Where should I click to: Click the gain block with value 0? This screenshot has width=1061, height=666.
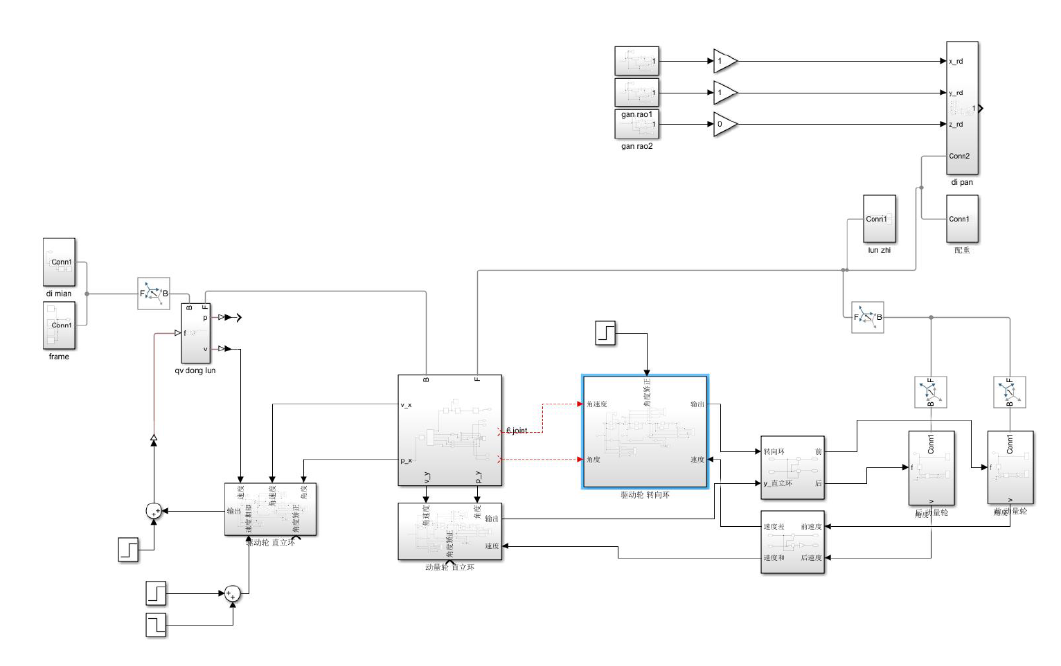[724, 125]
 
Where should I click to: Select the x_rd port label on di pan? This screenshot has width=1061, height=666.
[956, 62]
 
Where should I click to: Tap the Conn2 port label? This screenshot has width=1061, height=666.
[959, 156]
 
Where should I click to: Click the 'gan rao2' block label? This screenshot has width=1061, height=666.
[636, 147]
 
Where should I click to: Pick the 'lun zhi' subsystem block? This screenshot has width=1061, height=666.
[879, 219]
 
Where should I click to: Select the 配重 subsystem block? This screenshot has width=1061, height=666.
[962, 219]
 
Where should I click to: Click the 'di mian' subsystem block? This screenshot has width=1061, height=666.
[59, 262]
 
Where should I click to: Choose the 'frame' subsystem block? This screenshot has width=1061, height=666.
[59, 325]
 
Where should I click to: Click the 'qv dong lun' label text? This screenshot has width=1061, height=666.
[195, 371]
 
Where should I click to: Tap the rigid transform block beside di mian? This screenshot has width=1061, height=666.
[154, 294]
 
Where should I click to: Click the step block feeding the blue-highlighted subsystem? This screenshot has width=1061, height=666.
[605, 333]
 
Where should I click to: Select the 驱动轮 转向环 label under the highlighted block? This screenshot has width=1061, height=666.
[645, 496]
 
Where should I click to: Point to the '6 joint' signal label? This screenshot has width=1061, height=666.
[517, 431]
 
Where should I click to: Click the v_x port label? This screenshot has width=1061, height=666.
[406, 405]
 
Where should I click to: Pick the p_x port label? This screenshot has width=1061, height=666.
[406, 460]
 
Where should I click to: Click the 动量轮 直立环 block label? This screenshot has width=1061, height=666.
[449, 568]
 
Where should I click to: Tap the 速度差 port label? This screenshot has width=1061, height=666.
[774, 527]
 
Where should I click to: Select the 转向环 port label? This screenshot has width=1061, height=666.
[774, 452]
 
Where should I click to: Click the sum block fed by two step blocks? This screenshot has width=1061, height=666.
[232, 593]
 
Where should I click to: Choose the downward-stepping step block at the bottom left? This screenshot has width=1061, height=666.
[156, 625]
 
